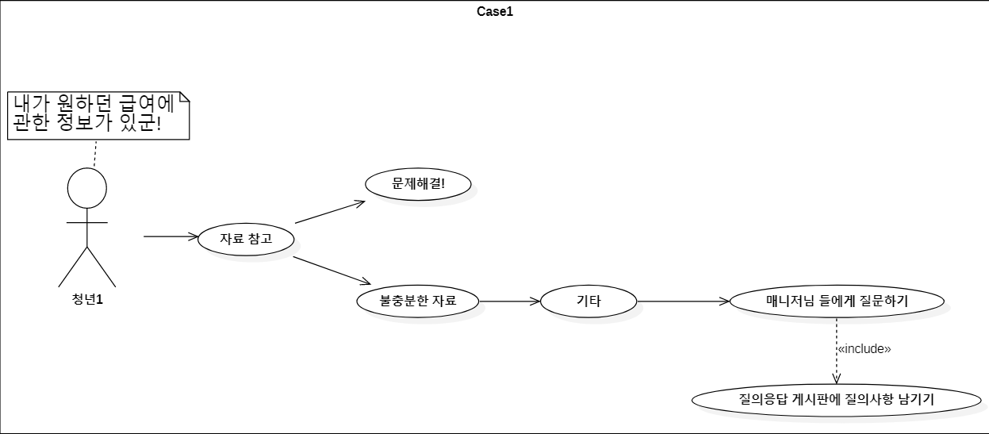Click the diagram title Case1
(x=495, y=11)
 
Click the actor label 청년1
(x=87, y=299)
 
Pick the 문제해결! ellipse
(x=418, y=183)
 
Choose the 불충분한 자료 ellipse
(x=418, y=301)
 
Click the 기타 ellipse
(x=588, y=301)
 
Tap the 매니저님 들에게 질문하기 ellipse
(x=837, y=301)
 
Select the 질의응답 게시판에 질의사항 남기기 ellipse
(x=837, y=399)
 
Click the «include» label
(x=864, y=349)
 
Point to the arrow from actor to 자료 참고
(x=171, y=236)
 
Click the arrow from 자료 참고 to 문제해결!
(x=329, y=212)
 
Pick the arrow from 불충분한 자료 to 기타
(x=509, y=301)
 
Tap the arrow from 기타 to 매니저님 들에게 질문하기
(x=682, y=301)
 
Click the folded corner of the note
(x=184, y=98)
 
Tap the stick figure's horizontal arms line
(x=86, y=223)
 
